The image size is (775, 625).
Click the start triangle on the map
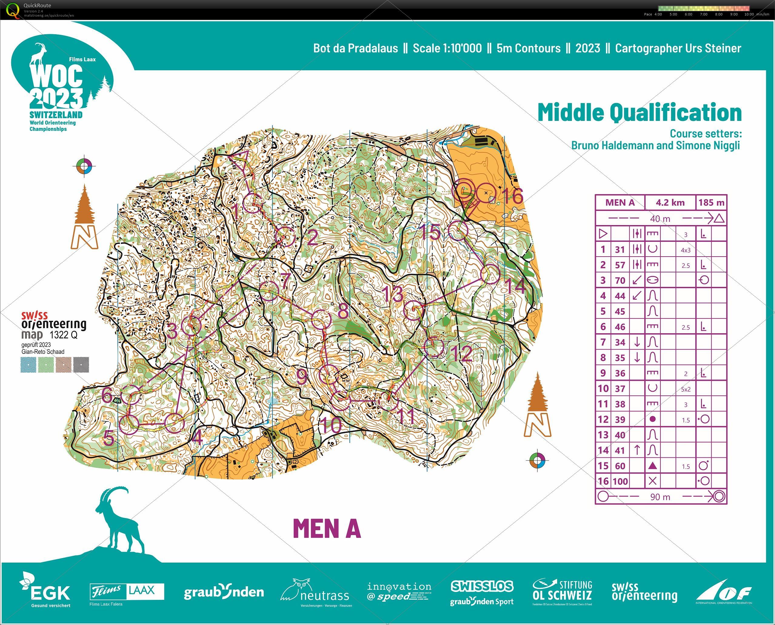[x=239, y=160]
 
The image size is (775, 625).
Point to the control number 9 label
[x=302, y=377]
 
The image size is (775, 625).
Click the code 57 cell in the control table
[x=620, y=265]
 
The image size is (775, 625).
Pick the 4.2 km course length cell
[x=670, y=203]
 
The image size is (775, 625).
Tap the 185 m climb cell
[x=711, y=203]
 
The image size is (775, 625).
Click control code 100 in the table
[x=620, y=481]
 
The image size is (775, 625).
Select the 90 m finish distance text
[x=660, y=497]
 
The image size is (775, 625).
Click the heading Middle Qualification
[x=639, y=112]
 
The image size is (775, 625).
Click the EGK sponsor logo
[x=45, y=591]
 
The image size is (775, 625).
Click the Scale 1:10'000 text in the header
[x=447, y=48]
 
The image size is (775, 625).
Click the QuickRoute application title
[x=37, y=5]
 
